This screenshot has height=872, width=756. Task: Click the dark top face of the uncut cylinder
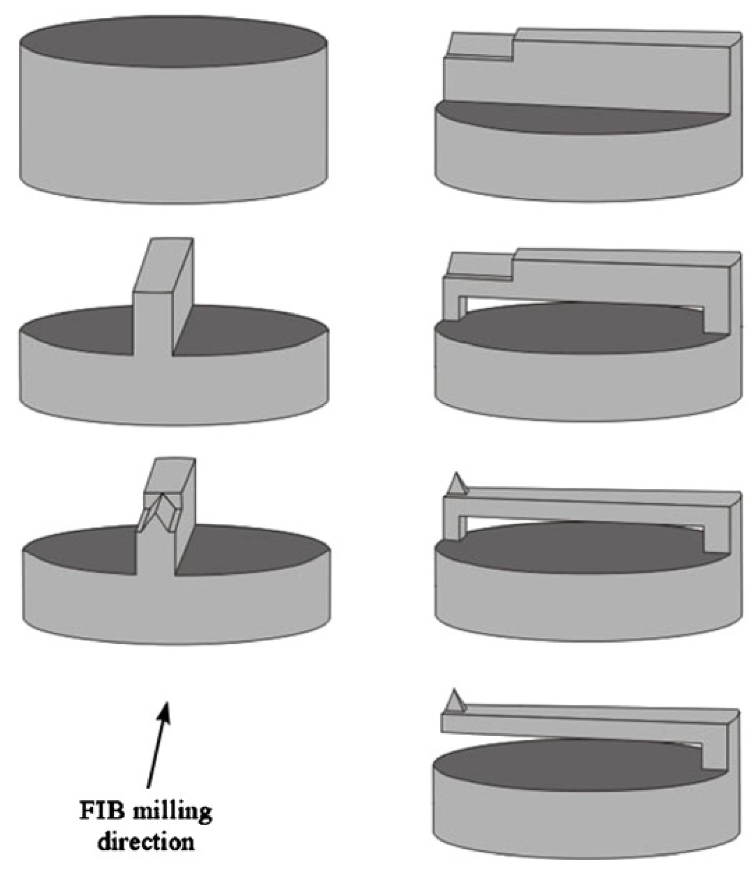pos(173,42)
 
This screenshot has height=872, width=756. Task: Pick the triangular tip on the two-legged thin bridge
pos(456,484)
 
